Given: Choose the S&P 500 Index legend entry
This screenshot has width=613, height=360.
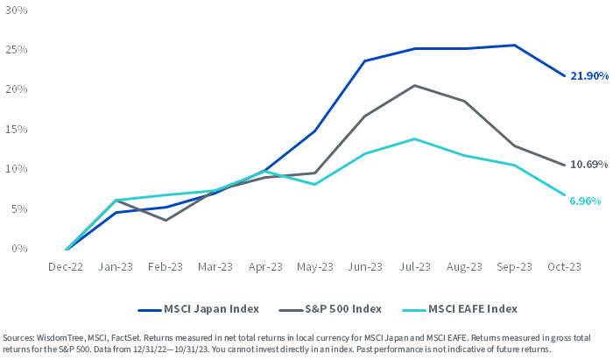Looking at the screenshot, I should click(x=335, y=308).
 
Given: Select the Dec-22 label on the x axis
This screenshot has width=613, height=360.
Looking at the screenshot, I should click(x=67, y=267).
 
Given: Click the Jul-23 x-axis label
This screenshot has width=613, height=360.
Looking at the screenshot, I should click(x=414, y=267).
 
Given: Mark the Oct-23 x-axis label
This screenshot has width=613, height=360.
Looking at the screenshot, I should click(x=563, y=267).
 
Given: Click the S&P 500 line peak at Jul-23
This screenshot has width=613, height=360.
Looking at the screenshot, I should click(x=414, y=85).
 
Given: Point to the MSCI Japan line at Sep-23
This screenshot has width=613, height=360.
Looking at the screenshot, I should click(x=513, y=45).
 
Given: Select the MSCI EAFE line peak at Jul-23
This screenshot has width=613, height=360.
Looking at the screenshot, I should click(x=414, y=138).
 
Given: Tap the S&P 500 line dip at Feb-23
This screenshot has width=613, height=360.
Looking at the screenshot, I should click(x=166, y=220).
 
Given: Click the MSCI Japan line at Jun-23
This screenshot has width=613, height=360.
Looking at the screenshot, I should click(x=364, y=60).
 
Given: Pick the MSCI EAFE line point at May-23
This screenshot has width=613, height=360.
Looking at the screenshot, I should click(x=314, y=184).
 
